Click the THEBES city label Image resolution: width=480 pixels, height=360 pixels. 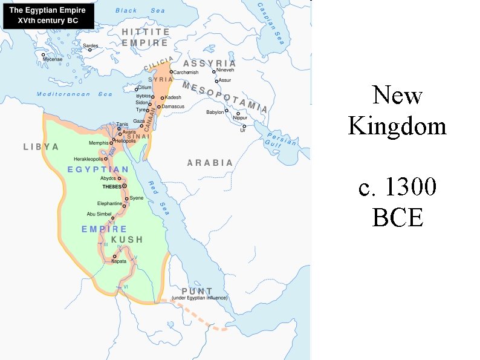(112, 187)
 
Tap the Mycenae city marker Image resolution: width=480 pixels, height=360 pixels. (44, 54)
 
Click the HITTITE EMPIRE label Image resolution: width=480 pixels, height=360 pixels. (145, 37)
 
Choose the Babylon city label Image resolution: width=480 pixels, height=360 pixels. (215, 112)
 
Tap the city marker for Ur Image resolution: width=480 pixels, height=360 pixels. (244, 126)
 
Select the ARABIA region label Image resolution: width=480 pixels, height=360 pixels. (210, 163)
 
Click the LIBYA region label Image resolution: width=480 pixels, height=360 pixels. (41, 147)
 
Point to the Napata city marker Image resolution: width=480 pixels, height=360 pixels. (115, 256)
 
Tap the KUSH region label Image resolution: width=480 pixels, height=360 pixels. (127, 240)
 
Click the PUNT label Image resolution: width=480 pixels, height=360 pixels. (197, 291)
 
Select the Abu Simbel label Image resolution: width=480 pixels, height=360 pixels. (100, 214)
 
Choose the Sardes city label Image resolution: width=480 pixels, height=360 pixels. (90, 45)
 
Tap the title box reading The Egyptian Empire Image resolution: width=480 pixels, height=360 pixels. (48, 15)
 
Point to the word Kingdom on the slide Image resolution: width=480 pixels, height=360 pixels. (397, 126)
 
